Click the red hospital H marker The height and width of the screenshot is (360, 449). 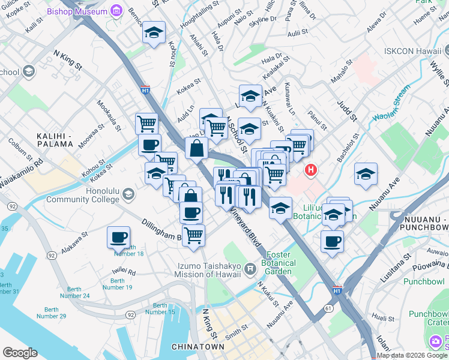(x=310, y=170)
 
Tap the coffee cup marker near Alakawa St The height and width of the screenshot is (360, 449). (x=118, y=236)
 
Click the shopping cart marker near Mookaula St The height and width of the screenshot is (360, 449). (x=146, y=124)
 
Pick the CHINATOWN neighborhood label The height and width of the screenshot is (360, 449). (x=197, y=347)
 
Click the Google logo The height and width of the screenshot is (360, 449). (x=20, y=353)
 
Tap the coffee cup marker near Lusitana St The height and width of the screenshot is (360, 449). (x=332, y=242)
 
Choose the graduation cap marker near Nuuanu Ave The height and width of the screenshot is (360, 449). (x=366, y=174)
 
